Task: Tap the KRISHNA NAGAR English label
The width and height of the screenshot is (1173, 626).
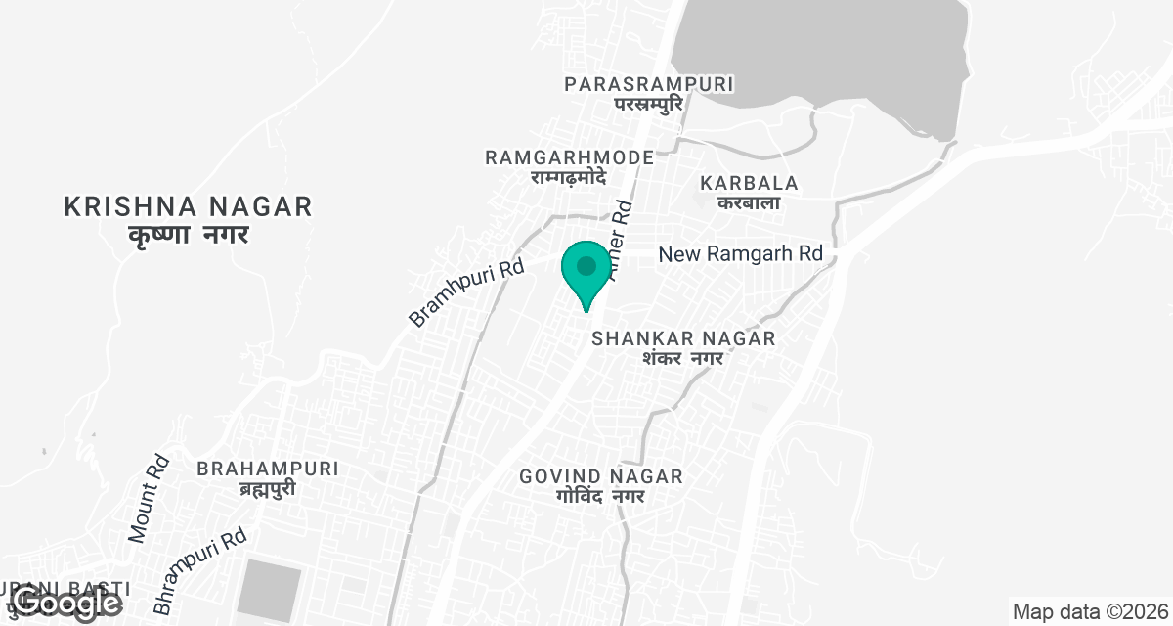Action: click(x=188, y=206)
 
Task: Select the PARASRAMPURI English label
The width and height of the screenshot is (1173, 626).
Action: click(x=649, y=84)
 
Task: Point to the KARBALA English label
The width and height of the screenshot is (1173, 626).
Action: click(x=750, y=183)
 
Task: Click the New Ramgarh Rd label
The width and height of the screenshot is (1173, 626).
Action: click(x=740, y=254)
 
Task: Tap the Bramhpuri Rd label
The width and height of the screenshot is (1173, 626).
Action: click(x=466, y=292)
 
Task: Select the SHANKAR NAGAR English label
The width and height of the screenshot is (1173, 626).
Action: click(x=683, y=338)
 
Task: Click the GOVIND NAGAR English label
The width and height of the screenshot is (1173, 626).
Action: click(x=601, y=476)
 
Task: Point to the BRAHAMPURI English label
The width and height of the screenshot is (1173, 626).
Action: click(x=268, y=469)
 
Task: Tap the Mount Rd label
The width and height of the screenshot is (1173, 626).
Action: click(x=150, y=499)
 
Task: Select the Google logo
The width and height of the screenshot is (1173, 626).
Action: click(x=67, y=603)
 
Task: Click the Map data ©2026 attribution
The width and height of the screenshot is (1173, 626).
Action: click(x=1089, y=612)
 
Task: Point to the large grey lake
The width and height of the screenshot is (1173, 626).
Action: click(x=821, y=49)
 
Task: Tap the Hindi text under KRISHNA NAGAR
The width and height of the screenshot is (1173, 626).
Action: click(x=189, y=235)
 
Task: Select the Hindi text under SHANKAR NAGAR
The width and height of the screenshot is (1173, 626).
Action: click(x=682, y=358)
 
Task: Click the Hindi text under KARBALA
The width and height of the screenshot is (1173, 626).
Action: click(x=749, y=202)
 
